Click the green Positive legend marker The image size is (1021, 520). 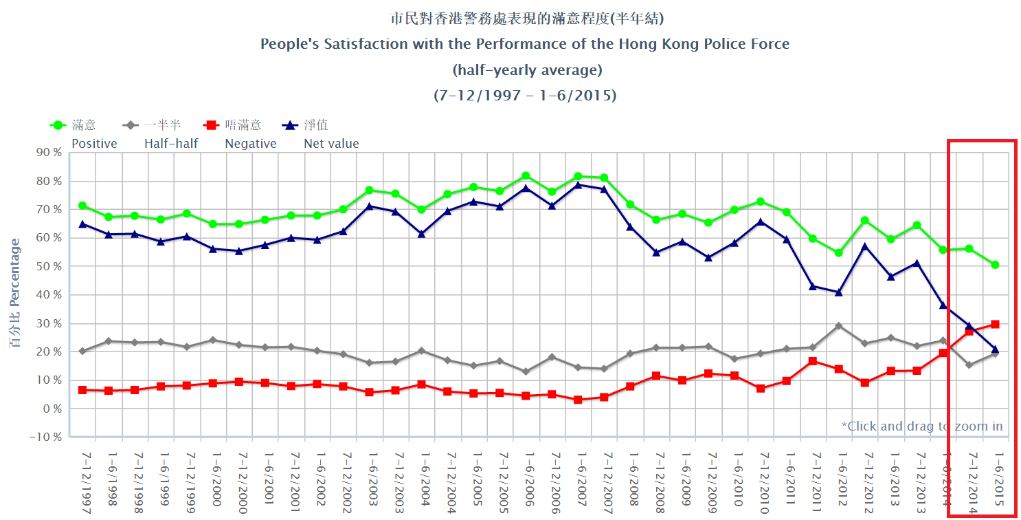pos(58,125)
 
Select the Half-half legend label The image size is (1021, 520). pos(171,144)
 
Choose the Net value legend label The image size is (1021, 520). pos(331,144)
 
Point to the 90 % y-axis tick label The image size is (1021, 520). pos(47,152)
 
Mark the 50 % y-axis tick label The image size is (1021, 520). pos(47,266)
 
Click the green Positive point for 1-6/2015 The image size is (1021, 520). pos(995,265)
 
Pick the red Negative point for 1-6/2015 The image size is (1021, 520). pos(995,324)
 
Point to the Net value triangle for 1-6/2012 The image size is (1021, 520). pos(838,292)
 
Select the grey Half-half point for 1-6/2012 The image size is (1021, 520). pos(838,325)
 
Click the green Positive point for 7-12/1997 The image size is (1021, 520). pos(82,206)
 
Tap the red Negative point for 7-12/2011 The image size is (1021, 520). pos(812,361)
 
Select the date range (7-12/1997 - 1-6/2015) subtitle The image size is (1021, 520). pos(525,96)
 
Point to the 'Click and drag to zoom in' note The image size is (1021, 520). pos(921,426)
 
